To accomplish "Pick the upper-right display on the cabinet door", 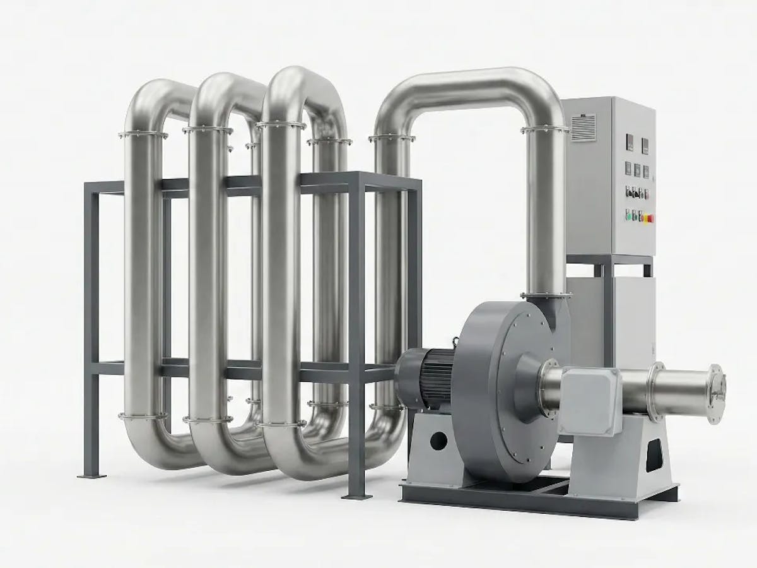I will (645, 146).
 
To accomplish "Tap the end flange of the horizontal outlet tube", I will (715, 394).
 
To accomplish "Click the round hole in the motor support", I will (439, 440).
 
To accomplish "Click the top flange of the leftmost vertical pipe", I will (143, 134).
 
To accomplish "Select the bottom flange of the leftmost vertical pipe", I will (143, 415).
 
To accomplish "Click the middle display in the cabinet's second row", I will (638, 170).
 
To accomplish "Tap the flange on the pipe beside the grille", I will (544, 131).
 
